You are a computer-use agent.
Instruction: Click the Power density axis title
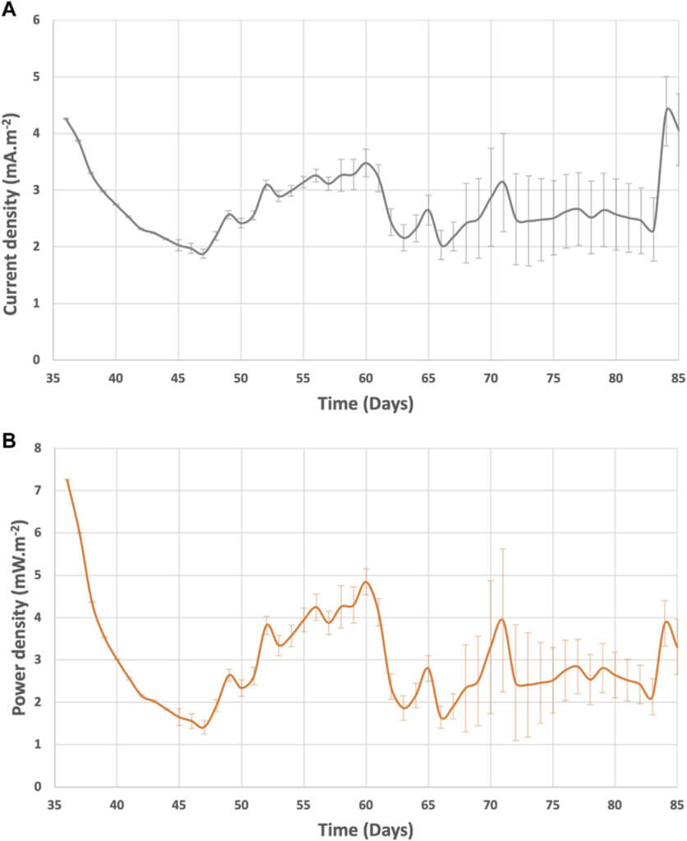[x=14, y=618]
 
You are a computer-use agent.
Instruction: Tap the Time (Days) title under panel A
[x=366, y=405]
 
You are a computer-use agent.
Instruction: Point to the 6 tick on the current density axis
[x=36, y=20]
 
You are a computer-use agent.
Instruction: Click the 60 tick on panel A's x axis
[x=366, y=379]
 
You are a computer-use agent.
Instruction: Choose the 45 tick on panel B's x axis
[x=178, y=805]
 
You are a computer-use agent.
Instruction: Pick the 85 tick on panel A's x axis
[x=678, y=379]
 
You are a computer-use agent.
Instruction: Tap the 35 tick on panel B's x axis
[x=53, y=805]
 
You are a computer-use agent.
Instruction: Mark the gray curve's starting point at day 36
[x=67, y=119]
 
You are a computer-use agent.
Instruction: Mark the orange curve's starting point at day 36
[x=67, y=480]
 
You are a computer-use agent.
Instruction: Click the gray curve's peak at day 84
[x=667, y=108]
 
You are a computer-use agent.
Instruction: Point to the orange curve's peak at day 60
[x=366, y=582]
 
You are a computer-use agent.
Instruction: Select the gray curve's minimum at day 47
[x=204, y=255]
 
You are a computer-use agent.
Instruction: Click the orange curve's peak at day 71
[x=502, y=619]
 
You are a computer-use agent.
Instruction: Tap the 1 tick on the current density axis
[x=36, y=303]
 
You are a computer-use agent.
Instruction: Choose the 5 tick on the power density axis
[x=36, y=575]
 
